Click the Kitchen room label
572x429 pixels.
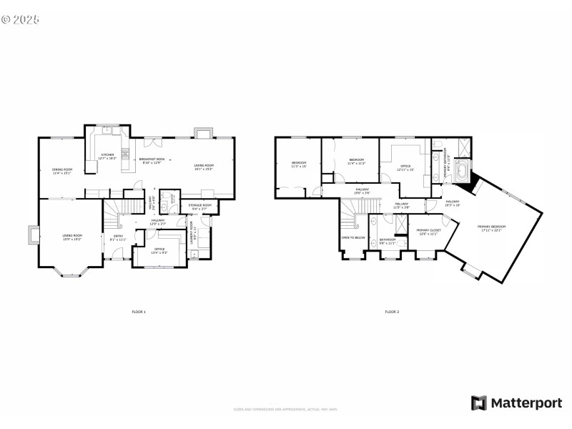(107, 155)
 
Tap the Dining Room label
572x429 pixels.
(61, 170)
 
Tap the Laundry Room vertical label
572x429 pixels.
(192, 233)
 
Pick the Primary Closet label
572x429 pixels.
(429, 231)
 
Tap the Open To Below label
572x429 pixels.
(353, 237)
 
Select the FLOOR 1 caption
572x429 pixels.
(139, 312)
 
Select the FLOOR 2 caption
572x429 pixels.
(392, 312)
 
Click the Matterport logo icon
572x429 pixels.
(478, 403)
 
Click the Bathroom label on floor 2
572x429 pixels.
(388, 240)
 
